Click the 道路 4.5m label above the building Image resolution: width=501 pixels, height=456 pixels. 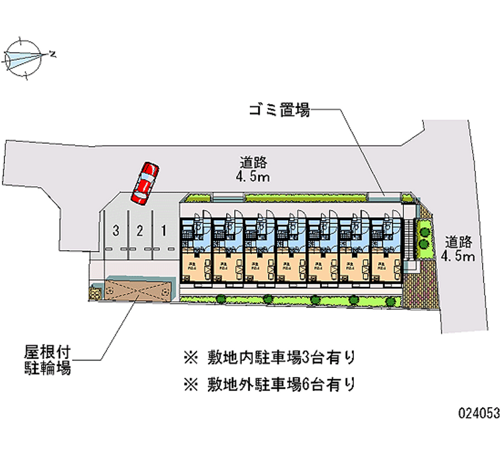click(x=253, y=169)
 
